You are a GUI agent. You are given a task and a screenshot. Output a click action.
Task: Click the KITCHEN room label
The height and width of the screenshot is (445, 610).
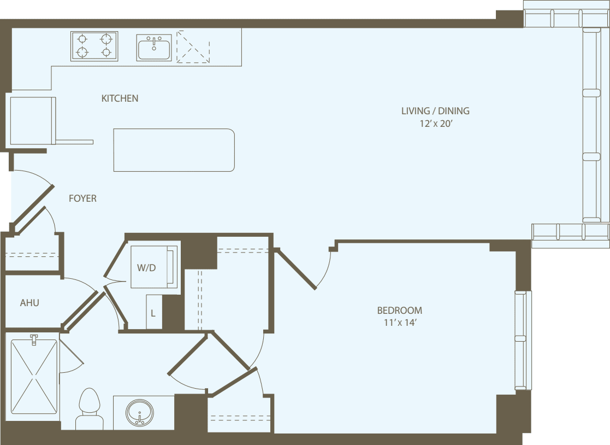click(x=120, y=98)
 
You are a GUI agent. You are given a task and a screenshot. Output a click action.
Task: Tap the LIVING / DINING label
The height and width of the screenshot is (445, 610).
click(x=435, y=111)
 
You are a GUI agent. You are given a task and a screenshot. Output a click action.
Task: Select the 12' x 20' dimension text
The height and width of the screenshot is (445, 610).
click(x=435, y=124)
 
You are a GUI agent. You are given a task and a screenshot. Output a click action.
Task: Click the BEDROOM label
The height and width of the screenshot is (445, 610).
click(x=399, y=311)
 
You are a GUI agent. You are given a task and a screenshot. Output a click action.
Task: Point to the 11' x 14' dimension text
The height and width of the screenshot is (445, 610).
click(x=399, y=323)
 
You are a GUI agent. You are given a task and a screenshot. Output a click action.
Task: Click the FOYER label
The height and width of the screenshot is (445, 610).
click(x=82, y=198)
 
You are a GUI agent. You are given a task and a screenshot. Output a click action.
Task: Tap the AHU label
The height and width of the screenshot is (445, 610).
click(x=29, y=302)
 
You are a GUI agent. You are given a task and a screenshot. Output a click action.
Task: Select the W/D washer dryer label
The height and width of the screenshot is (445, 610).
click(x=146, y=268)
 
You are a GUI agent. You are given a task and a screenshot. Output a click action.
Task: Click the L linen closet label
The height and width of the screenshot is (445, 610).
click(x=153, y=313)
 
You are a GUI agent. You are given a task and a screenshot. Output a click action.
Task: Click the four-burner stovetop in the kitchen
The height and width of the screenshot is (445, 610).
click(x=94, y=46)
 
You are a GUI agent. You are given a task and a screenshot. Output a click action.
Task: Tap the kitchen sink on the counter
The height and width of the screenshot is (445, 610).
click(x=154, y=48)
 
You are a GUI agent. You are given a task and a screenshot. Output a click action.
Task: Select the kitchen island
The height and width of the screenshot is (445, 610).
click(x=174, y=150)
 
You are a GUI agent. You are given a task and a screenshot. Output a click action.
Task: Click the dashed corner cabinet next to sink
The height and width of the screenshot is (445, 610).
click(x=193, y=46)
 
